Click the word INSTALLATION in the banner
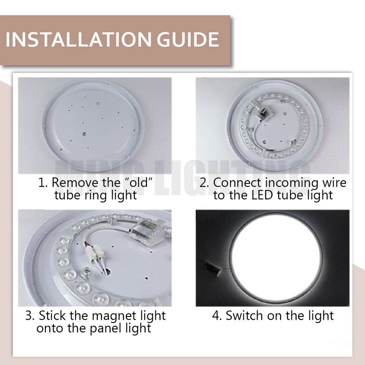pyautogui.click(x=78, y=39)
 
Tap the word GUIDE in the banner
pyautogui.click(x=188, y=39)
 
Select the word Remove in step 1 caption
pyautogui.click(x=76, y=182)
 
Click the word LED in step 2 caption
pyautogui.click(x=262, y=195)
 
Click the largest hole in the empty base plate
pyautogui.click(x=84, y=134)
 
